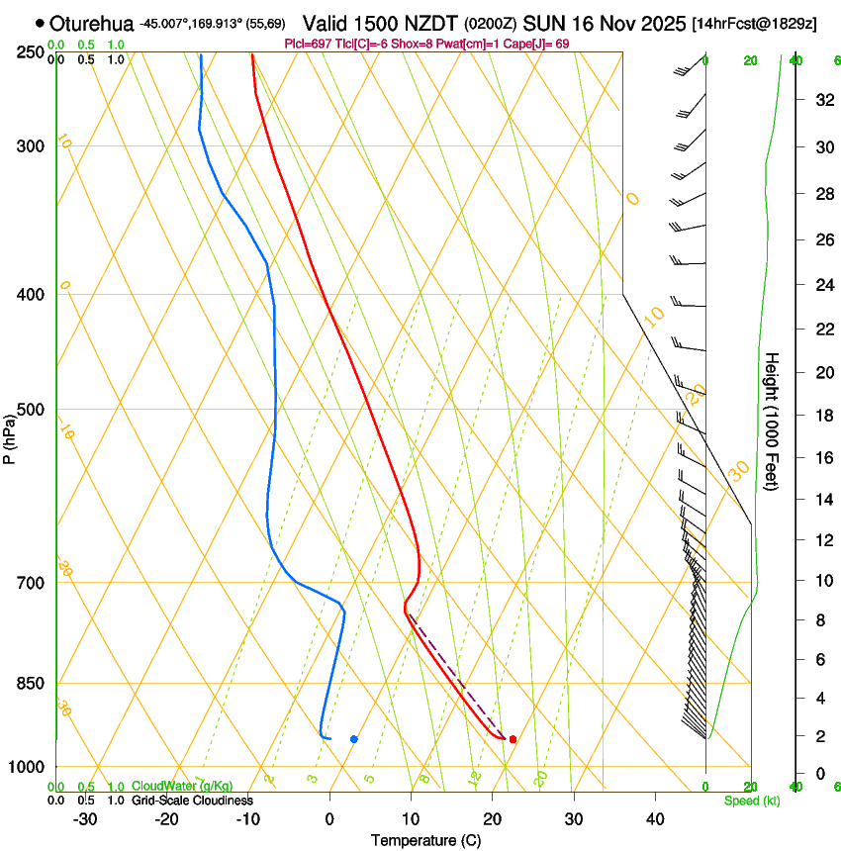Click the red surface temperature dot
513,739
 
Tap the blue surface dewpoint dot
354,739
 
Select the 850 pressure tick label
30,684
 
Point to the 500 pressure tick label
30,410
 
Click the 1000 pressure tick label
27,767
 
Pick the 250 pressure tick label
30,52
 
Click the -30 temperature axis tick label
85,819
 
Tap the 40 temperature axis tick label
655,819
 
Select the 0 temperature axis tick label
329,819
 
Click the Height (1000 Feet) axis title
772,421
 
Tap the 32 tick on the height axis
821,100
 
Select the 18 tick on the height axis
821,416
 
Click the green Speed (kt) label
751,801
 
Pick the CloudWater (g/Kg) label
183,787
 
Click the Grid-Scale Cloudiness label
190,801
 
